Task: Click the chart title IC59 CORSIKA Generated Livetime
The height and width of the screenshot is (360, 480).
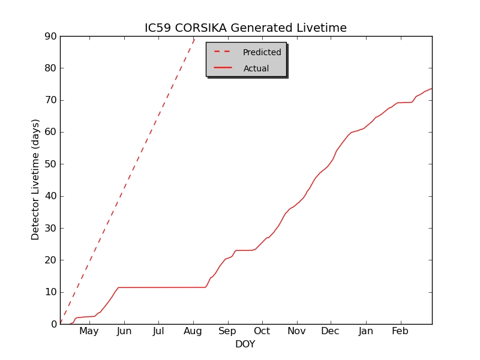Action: [245, 28]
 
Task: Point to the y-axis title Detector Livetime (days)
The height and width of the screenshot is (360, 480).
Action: [35, 180]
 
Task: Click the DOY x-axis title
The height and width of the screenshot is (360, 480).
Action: [245, 344]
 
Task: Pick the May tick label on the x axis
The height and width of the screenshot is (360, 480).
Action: [89, 331]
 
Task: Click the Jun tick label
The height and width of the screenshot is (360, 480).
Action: [124, 331]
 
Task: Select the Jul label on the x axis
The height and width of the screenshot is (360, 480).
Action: [158, 331]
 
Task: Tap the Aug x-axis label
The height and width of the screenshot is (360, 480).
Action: [193, 331]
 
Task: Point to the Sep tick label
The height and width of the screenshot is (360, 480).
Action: [227, 331]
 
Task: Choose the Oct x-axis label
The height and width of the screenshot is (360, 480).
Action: [262, 331]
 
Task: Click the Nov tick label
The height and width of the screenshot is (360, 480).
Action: [296, 331]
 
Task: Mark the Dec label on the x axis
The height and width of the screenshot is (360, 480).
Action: [330, 331]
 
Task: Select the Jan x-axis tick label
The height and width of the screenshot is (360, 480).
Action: [365, 331]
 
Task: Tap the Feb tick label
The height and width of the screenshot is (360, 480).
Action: [400, 331]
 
